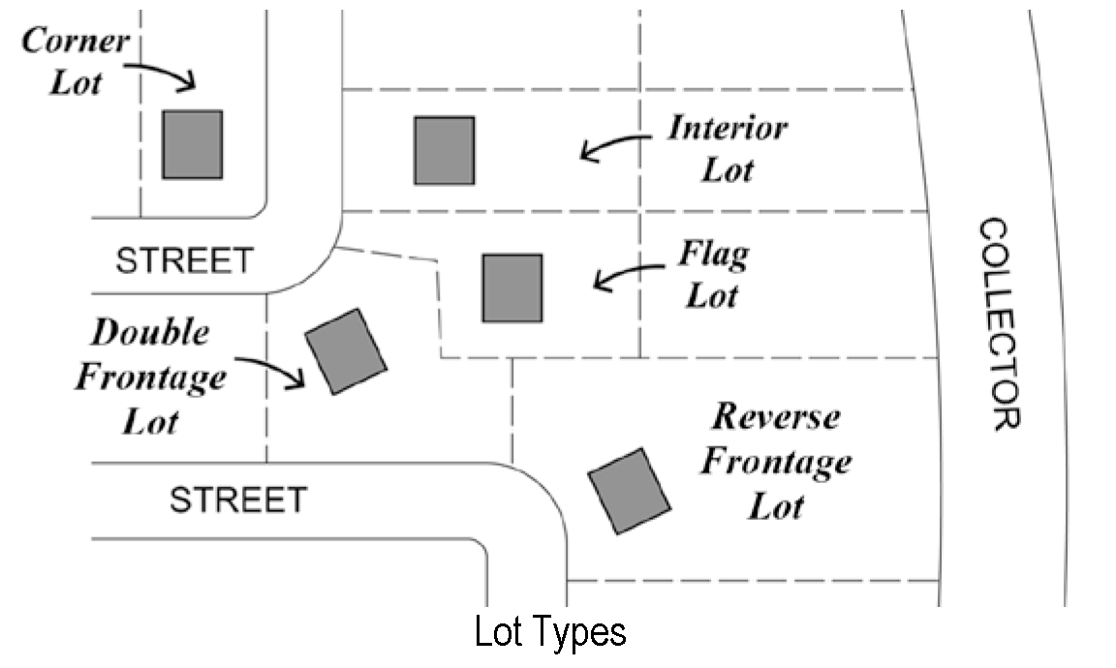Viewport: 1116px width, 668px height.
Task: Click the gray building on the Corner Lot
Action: [192, 144]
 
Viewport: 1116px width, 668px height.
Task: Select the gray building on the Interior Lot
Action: [445, 150]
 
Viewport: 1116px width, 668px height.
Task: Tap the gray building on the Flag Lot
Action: [512, 288]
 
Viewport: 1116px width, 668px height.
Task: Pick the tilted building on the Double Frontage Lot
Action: [346, 351]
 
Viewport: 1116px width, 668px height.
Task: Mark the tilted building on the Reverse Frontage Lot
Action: [630, 490]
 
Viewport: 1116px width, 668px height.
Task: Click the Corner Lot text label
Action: [76, 61]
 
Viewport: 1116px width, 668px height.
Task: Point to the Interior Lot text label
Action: [728, 149]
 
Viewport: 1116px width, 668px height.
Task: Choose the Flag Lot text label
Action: [714, 276]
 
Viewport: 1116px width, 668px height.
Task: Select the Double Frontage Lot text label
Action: [150, 377]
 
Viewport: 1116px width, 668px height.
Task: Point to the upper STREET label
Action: [184, 261]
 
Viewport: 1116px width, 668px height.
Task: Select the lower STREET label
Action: [238, 501]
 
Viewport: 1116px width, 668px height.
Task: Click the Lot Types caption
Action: [550, 632]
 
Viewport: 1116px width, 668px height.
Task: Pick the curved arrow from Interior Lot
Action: [614, 145]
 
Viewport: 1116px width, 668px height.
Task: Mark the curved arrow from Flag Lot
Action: [630, 276]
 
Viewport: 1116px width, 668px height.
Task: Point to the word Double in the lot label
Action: [150, 333]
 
